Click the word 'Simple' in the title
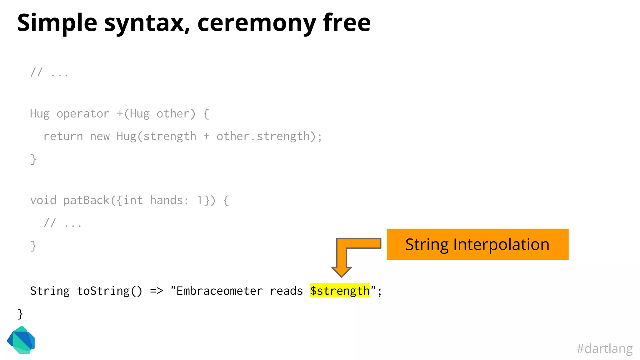point(57,23)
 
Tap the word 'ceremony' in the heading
point(257,23)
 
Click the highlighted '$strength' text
point(340,291)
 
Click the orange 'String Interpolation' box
point(477,244)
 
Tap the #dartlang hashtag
point(604,348)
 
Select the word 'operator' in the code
point(83,114)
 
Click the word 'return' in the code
point(63,137)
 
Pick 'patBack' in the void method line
point(86,200)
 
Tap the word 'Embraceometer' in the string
point(219,291)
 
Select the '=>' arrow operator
point(157,291)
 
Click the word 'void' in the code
point(43,200)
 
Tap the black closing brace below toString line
point(20,314)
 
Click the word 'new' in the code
point(100,137)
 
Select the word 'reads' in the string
point(286,291)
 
